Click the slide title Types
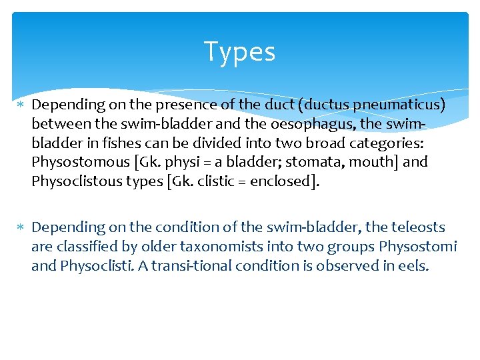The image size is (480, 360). click(239, 52)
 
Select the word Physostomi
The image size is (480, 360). click(418, 247)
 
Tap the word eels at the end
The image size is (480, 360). click(413, 266)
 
